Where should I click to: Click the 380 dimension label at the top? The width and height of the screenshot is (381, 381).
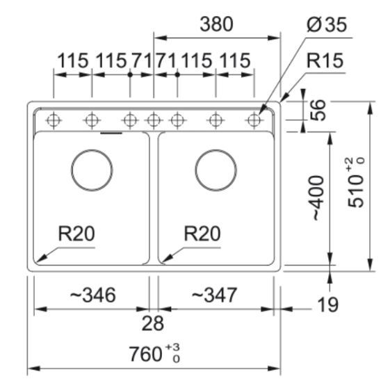pos(216,24)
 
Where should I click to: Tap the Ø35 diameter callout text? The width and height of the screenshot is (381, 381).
pos(327,24)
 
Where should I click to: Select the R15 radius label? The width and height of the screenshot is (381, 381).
pos(325,60)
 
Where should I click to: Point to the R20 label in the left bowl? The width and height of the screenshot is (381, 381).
pos(76,234)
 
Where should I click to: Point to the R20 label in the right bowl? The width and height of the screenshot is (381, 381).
pos(202,234)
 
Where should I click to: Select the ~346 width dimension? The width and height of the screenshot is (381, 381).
pos(93,295)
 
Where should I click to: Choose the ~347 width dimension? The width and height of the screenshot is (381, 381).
pos(214,295)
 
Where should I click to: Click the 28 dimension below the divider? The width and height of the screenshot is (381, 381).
pos(153,323)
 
